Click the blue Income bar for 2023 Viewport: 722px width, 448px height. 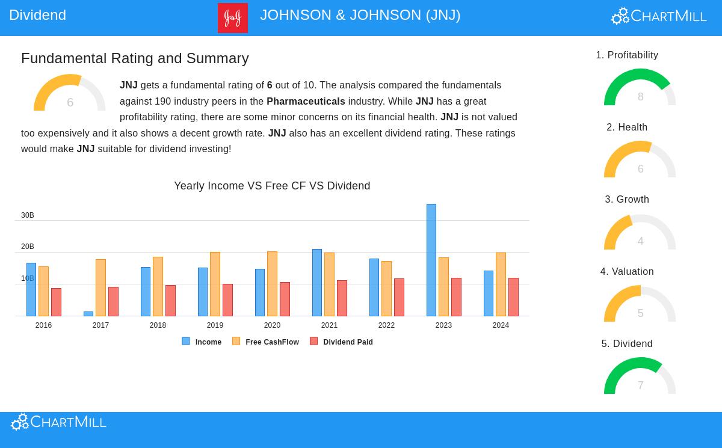(x=431, y=260)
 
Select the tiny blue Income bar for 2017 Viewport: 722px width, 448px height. (x=88, y=314)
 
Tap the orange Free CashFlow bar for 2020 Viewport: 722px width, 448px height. (x=272, y=284)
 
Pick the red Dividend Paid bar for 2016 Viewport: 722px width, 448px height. (x=56, y=302)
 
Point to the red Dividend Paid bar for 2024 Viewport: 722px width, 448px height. (x=513, y=297)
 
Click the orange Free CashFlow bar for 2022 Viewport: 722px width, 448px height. (x=386, y=289)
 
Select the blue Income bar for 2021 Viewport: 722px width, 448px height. (x=316, y=283)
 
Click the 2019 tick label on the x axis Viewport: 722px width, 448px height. (x=215, y=325)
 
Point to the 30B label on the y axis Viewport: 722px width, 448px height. (x=28, y=215)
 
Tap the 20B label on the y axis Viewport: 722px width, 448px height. (x=28, y=247)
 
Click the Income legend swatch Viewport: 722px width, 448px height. (x=186, y=341)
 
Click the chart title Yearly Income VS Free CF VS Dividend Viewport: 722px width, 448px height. (x=272, y=186)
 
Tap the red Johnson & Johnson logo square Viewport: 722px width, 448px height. (x=233, y=18)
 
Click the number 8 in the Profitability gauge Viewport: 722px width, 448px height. (x=640, y=97)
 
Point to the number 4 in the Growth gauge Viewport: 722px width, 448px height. (x=640, y=241)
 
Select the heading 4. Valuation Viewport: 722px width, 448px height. (x=627, y=272)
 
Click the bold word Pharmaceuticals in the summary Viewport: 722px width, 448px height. (x=306, y=102)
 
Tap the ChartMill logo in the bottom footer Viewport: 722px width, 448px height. (x=59, y=422)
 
